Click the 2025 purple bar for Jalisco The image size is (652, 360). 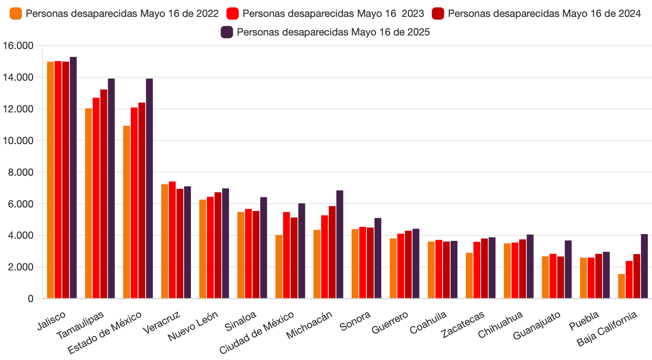point(73,177)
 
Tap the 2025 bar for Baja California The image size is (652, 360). point(644,266)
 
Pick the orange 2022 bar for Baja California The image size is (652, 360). point(621,286)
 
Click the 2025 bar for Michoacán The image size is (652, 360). point(340,244)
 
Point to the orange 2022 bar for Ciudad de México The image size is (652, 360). point(279,267)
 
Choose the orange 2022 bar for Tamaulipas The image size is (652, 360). point(88,203)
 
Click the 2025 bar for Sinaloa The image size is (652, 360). point(264,248)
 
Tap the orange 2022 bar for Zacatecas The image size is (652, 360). point(469,275)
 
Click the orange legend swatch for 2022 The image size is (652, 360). point(16,14)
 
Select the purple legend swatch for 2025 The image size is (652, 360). point(227,32)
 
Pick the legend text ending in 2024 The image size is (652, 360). point(544,14)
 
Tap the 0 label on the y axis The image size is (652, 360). point(30,299)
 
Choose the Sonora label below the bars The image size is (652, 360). point(355,321)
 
